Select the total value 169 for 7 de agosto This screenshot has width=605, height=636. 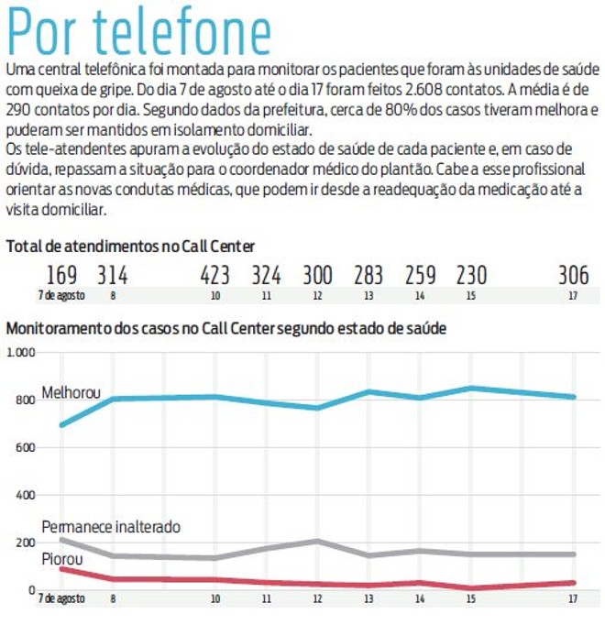tap(61, 275)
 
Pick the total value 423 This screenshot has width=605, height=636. tap(214, 275)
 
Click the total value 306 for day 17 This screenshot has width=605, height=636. tap(573, 275)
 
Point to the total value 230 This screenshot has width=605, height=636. tap(471, 275)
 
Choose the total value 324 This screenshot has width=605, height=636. tap(266, 275)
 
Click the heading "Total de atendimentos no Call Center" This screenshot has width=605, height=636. tap(130, 246)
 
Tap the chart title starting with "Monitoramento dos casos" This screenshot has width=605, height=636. tap(226, 327)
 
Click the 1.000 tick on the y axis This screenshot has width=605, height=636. tap(19, 353)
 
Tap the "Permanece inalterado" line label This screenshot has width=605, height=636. tap(111, 527)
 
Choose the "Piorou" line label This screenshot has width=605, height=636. tap(63, 558)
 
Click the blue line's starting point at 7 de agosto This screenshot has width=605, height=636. tap(61, 425)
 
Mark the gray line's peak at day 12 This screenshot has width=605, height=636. tap(317, 541)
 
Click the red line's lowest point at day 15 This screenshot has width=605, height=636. tap(471, 587)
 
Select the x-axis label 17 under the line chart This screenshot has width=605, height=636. tap(573, 598)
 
